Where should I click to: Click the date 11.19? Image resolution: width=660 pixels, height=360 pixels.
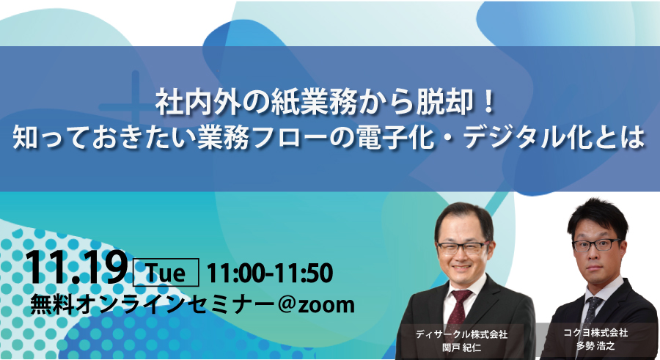[76, 268]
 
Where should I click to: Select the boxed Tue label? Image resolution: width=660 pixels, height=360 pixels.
[166, 273]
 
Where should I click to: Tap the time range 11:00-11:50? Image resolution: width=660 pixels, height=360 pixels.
[270, 273]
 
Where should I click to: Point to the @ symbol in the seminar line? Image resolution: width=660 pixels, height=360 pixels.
[285, 304]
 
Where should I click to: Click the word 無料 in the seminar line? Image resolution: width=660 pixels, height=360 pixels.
[48, 304]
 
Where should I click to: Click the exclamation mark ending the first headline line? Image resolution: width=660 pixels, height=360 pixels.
[488, 103]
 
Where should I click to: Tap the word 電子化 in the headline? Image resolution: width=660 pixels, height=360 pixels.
[396, 137]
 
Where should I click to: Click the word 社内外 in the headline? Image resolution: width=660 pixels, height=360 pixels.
[197, 103]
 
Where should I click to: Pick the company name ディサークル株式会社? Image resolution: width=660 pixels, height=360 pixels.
[462, 334]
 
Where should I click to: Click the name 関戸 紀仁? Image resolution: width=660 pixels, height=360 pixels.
[461, 348]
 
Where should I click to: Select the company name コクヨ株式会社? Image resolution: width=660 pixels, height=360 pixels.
[595, 333]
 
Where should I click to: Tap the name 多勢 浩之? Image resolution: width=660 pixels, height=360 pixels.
[595, 346]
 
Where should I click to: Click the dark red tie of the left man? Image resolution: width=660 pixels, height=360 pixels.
[458, 309]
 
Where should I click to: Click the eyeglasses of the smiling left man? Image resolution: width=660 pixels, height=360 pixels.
[463, 247]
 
